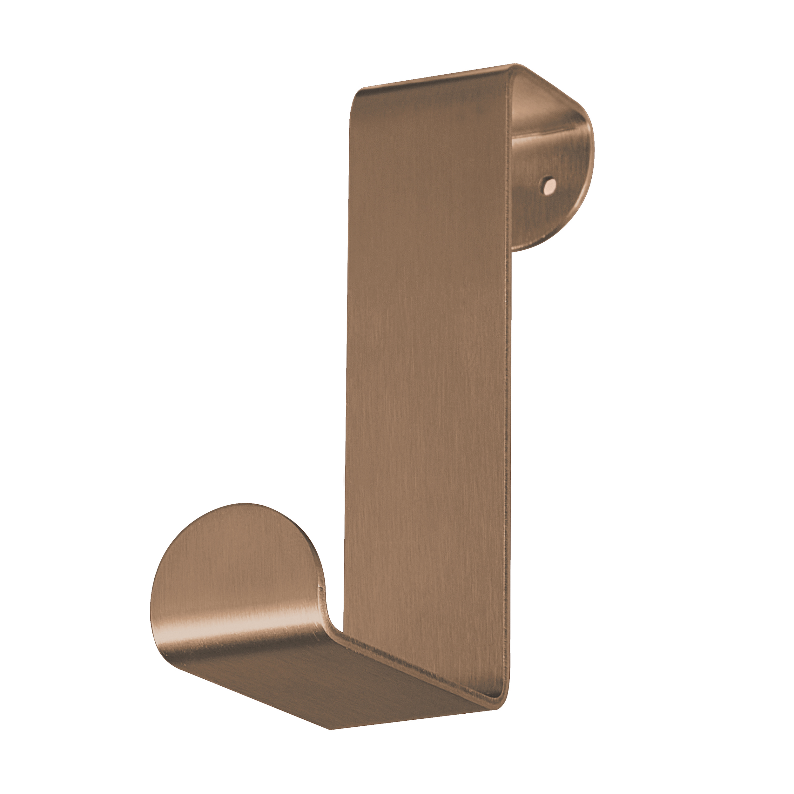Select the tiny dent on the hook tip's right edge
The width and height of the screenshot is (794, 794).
(320, 589)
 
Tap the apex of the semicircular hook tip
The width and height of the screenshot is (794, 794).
(242, 504)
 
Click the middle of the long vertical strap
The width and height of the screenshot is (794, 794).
(427, 370)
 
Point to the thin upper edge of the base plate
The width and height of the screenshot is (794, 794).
(411, 666)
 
